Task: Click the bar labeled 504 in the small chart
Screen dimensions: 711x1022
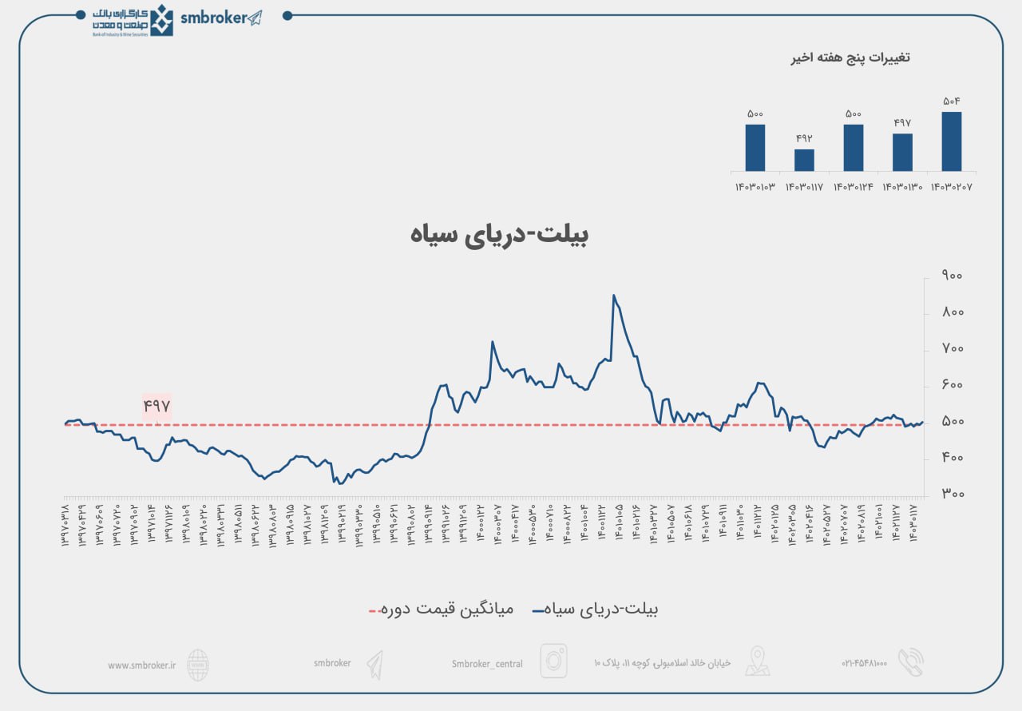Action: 951,141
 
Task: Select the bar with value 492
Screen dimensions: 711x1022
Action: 804,160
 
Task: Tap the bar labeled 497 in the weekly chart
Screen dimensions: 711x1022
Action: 902,152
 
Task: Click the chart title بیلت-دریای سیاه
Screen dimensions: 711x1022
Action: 500,234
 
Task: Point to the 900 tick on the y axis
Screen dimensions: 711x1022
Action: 952,276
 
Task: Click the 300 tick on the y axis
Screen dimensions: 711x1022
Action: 952,495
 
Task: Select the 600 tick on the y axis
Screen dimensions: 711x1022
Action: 952,385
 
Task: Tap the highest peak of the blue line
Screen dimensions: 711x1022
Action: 613,296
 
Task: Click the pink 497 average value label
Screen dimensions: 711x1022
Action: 157,406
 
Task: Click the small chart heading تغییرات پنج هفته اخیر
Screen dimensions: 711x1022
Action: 850,58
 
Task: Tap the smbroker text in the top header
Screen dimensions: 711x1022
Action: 213,18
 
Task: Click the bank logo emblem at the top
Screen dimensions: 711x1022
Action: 162,20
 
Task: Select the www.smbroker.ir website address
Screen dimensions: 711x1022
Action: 141,665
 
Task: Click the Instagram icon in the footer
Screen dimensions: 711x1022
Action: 553,661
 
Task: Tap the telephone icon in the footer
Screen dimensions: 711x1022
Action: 910,662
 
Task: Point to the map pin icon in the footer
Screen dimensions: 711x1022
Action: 757,661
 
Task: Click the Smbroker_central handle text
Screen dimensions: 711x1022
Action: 487,664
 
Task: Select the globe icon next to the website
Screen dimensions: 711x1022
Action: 198,664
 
